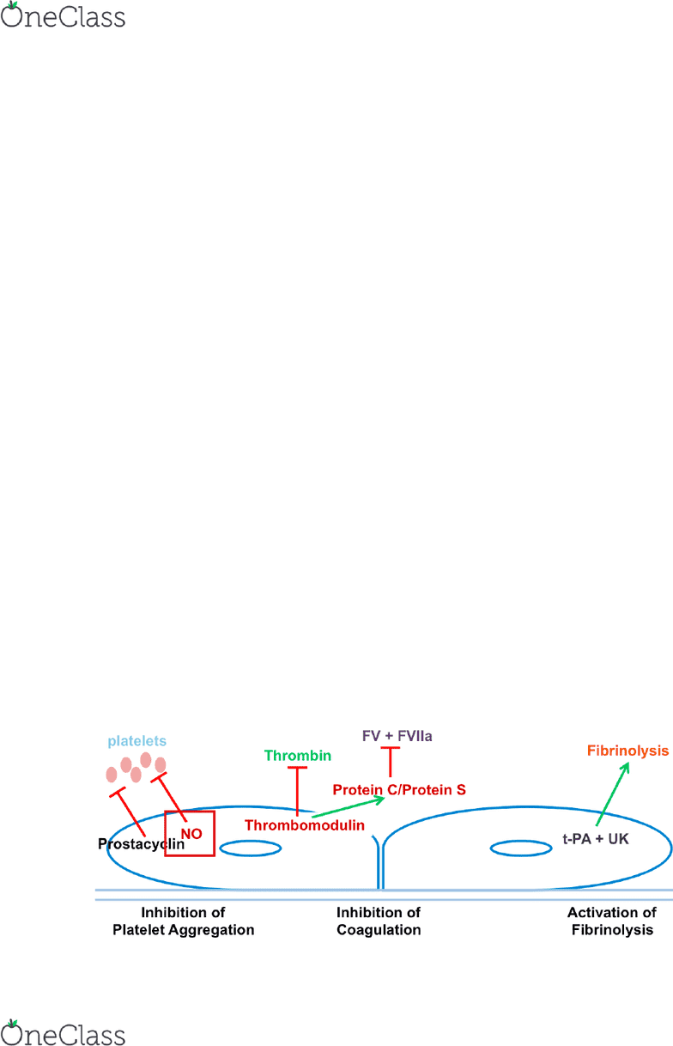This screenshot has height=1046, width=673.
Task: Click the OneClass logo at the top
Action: pyautogui.click(x=63, y=15)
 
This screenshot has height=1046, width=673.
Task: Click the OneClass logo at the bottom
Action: pyautogui.click(x=63, y=1032)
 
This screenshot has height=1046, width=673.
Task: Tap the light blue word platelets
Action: pyautogui.click(x=136, y=741)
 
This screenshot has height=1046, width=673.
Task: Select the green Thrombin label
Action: pyautogui.click(x=297, y=755)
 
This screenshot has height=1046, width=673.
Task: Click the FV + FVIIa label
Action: pyautogui.click(x=397, y=736)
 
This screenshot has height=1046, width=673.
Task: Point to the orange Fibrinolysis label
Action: pyautogui.click(x=628, y=751)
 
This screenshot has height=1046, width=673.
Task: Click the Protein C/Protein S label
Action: pyautogui.click(x=399, y=789)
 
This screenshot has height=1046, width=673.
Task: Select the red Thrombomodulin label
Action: pyautogui.click(x=304, y=825)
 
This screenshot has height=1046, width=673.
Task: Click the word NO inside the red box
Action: pyautogui.click(x=191, y=834)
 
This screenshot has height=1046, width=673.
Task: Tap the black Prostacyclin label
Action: pyautogui.click(x=141, y=844)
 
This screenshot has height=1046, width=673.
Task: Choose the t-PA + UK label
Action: pyautogui.click(x=596, y=839)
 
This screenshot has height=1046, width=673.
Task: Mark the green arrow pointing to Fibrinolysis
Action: pyautogui.click(x=612, y=794)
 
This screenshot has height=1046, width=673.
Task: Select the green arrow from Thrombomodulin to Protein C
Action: pyautogui.click(x=348, y=807)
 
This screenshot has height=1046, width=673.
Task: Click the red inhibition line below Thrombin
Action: pyautogui.click(x=297, y=791)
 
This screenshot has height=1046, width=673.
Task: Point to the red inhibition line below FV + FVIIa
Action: pyautogui.click(x=391, y=762)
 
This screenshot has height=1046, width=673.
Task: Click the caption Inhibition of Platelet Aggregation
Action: pyautogui.click(x=183, y=921)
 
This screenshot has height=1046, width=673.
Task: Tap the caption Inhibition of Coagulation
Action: pyautogui.click(x=379, y=921)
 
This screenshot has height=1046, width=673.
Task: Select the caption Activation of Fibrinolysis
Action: pyautogui.click(x=612, y=921)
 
